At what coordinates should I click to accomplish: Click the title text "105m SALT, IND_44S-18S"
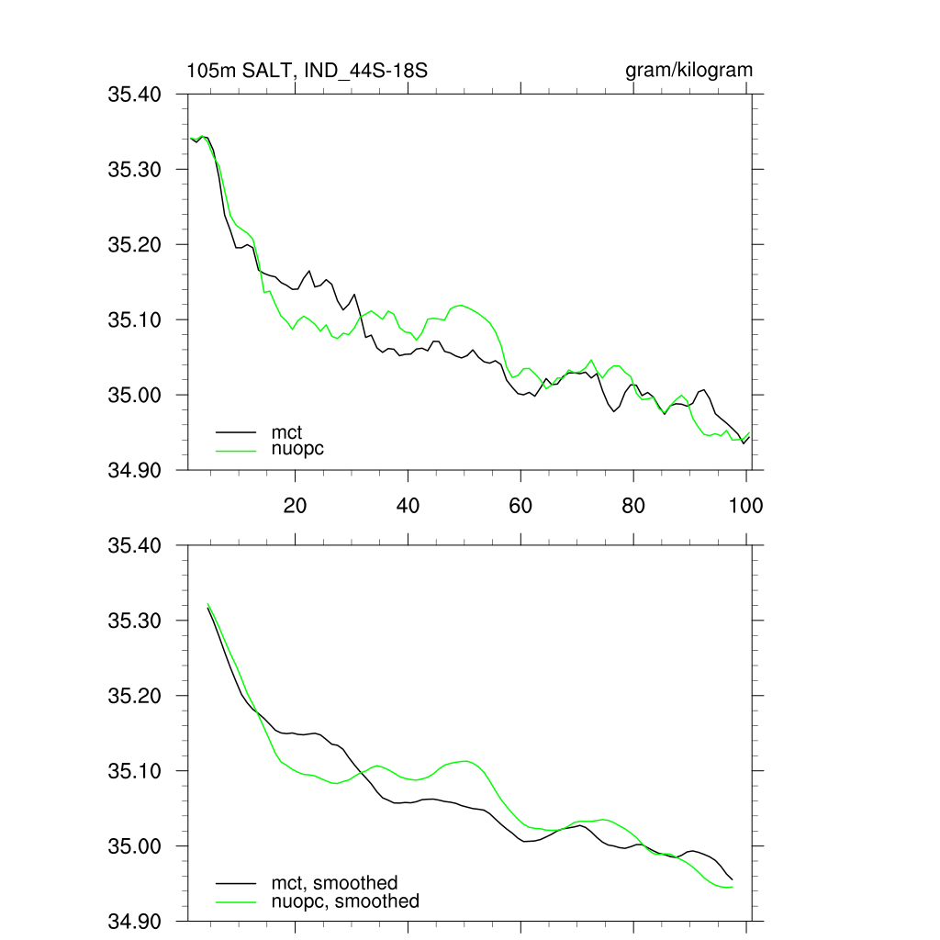click(x=307, y=71)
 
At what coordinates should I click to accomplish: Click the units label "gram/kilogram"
click(x=688, y=71)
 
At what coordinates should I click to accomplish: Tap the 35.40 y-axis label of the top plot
click(x=135, y=95)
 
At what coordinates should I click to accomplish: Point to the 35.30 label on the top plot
click(x=135, y=170)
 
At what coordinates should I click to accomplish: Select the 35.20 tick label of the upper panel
click(x=135, y=245)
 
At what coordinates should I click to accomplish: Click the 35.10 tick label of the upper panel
click(x=135, y=320)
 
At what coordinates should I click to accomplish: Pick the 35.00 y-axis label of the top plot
click(x=135, y=396)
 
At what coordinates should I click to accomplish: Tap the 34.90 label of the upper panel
click(x=135, y=471)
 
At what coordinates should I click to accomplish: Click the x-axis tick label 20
click(x=295, y=505)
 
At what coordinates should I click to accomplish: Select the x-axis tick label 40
click(x=408, y=505)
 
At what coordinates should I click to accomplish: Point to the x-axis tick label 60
click(x=520, y=505)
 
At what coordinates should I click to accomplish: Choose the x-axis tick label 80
click(x=633, y=505)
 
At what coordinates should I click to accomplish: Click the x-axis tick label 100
click(x=745, y=505)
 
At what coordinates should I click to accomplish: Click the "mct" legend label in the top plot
click(x=286, y=431)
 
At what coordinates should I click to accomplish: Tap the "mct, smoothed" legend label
click(x=334, y=883)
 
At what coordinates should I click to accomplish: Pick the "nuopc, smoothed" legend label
click(x=344, y=901)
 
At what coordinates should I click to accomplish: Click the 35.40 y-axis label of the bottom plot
click(x=135, y=546)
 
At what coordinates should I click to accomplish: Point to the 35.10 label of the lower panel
click(x=135, y=772)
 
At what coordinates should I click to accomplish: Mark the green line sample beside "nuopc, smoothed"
click(x=236, y=901)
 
